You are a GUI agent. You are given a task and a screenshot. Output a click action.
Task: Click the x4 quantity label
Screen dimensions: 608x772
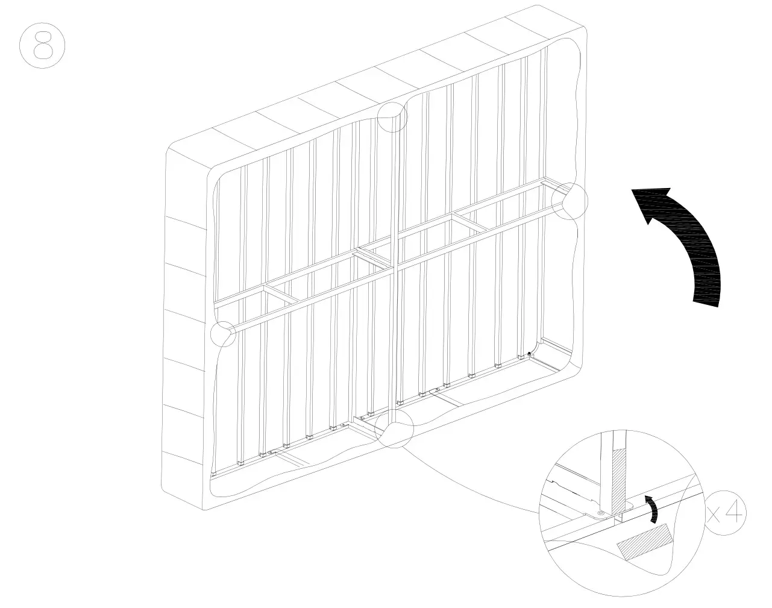point(726,513)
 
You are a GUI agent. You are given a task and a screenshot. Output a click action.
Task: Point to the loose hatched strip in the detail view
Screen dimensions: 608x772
point(644,543)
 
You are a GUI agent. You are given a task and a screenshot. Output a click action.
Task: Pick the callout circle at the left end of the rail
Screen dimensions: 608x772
point(223,333)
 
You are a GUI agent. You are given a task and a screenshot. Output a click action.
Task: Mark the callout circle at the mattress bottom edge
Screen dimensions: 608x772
point(394,428)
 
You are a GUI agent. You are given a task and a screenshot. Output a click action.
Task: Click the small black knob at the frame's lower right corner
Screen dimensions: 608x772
point(529,354)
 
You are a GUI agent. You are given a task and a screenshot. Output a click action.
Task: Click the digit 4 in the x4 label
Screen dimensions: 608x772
point(734,513)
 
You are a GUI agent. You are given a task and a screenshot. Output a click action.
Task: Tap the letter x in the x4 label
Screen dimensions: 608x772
point(715,515)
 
